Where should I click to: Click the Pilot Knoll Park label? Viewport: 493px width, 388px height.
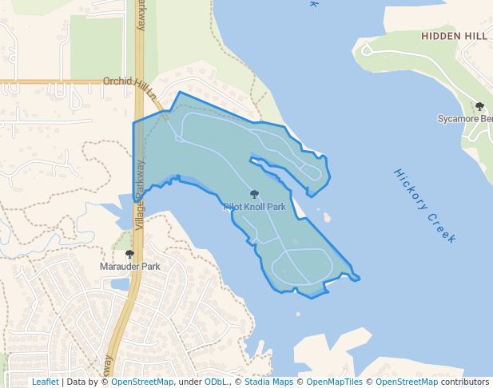(254, 207)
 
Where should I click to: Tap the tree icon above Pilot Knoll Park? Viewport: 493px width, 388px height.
(254, 194)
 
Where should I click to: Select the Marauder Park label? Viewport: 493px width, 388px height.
(130, 266)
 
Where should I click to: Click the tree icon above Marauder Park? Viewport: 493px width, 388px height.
(129, 254)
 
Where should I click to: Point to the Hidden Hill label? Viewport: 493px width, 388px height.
(454, 37)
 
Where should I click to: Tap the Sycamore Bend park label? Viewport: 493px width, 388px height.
(465, 119)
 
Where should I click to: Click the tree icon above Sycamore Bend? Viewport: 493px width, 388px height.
(479, 106)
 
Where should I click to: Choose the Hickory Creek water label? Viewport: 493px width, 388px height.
(425, 206)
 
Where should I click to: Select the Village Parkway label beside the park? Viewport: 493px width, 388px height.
(141, 196)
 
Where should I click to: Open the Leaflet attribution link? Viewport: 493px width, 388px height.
(45, 382)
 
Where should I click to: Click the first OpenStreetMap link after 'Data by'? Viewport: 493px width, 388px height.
(142, 382)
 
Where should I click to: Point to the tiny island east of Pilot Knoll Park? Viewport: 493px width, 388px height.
(326, 216)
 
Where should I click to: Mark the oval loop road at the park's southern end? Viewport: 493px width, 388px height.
(302, 266)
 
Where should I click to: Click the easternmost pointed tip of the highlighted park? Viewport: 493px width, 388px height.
(360, 279)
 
